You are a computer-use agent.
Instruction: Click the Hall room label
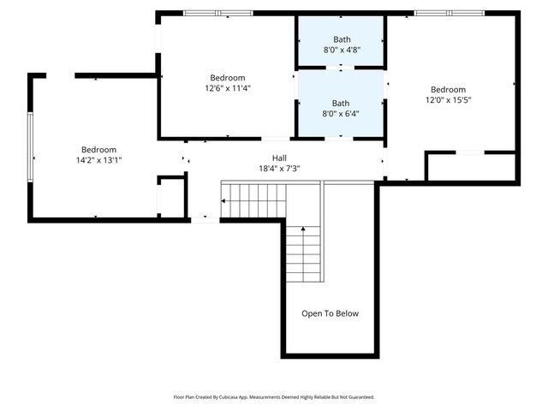280,158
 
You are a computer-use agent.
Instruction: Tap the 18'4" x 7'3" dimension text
280,169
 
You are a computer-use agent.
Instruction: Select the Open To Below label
330,313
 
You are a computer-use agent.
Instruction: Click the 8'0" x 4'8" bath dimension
341,50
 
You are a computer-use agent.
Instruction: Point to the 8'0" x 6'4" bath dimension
341,113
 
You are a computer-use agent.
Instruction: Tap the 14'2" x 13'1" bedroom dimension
98,160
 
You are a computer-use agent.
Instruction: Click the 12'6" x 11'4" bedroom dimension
228,87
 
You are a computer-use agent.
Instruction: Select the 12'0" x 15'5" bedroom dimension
448,100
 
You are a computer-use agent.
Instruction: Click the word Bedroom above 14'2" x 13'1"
98,149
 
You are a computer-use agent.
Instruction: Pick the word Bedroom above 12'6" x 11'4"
228,77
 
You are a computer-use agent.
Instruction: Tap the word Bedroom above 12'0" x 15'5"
448,89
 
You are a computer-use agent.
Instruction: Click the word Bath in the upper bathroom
341,39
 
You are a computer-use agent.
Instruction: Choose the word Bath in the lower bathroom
341,103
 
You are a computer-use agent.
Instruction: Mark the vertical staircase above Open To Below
303,253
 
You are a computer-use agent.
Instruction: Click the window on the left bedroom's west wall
31,146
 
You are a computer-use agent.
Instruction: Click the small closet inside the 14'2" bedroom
171,196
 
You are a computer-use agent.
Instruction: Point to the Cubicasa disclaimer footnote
274,397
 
